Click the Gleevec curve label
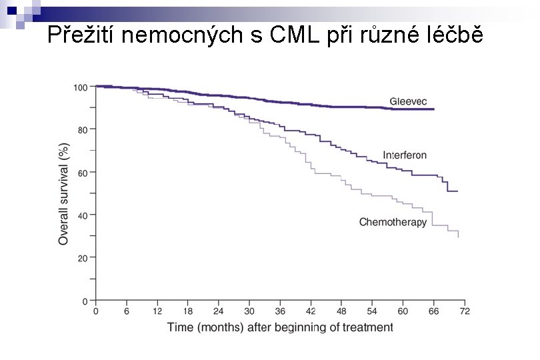[407, 101]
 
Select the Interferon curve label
[404, 155]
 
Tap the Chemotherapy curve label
[393, 222]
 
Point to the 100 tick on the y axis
[80, 87]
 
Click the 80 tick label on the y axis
[82, 129]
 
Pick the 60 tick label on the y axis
[82, 172]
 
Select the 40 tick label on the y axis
[82, 215]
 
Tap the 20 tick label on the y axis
[82, 257]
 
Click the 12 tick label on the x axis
[157, 311]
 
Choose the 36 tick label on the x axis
[280, 311]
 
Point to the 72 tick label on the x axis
[465, 311]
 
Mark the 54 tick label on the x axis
[372, 311]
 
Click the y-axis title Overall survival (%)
[64, 193]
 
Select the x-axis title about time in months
[280, 327]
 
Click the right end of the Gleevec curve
[434, 109]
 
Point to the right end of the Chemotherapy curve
[458, 236]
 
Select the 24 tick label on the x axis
[219, 311]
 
